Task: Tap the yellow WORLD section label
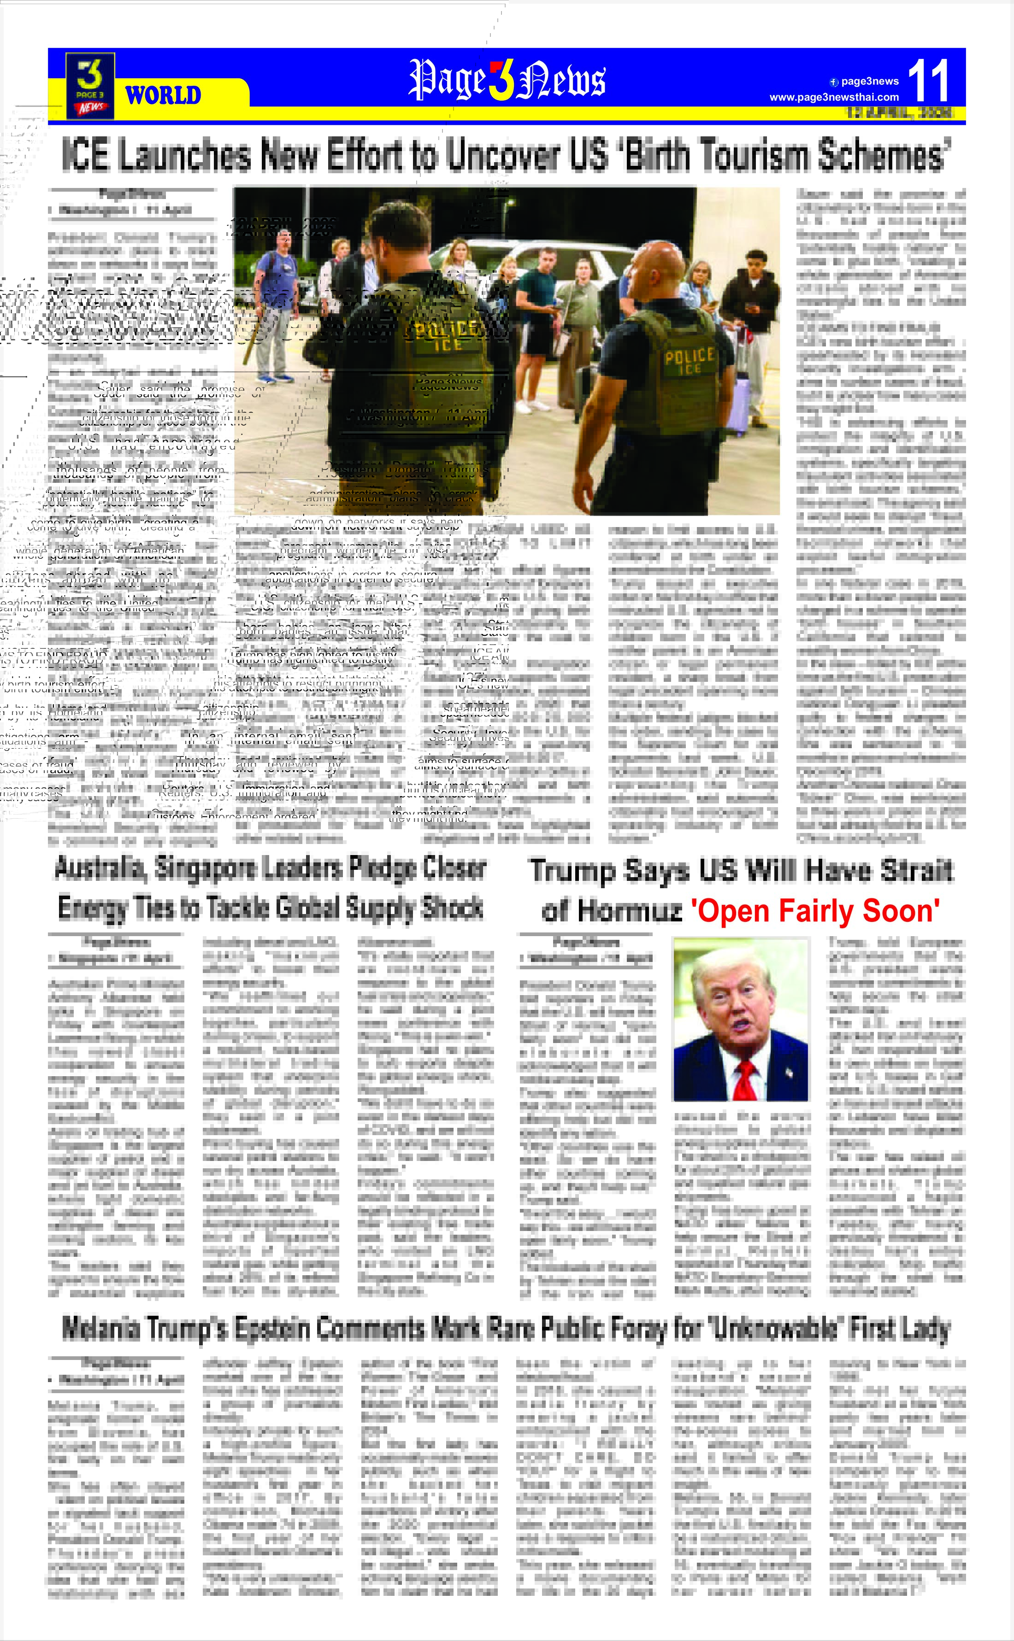163,95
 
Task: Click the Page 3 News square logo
90,86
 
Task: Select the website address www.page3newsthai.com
834,97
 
